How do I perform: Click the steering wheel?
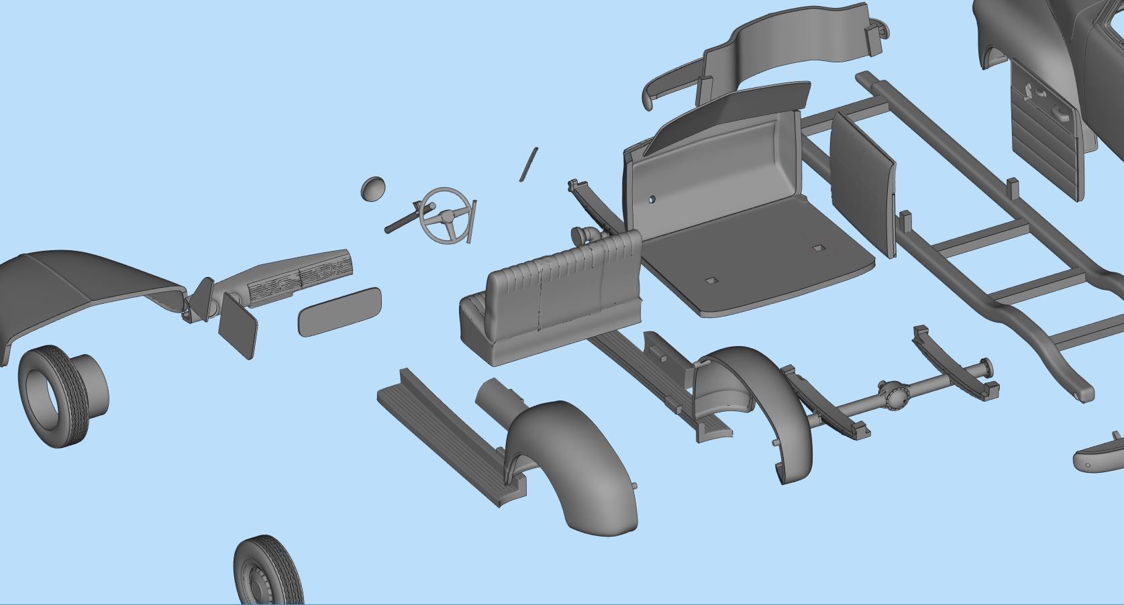click(x=444, y=215)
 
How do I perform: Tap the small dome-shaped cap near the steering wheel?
click(x=372, y=188)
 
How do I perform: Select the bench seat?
click(x=550, y=302)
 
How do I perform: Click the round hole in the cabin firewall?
click(x=652, y=200)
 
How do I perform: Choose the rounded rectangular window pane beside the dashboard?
click(x=340, y=312)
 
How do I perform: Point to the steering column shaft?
click(x=403, y=219)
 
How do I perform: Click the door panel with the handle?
click(x=1047, y=134)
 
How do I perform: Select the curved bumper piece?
click(x=1098, y=456)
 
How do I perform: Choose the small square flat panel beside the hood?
click(x=238, y=325)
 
